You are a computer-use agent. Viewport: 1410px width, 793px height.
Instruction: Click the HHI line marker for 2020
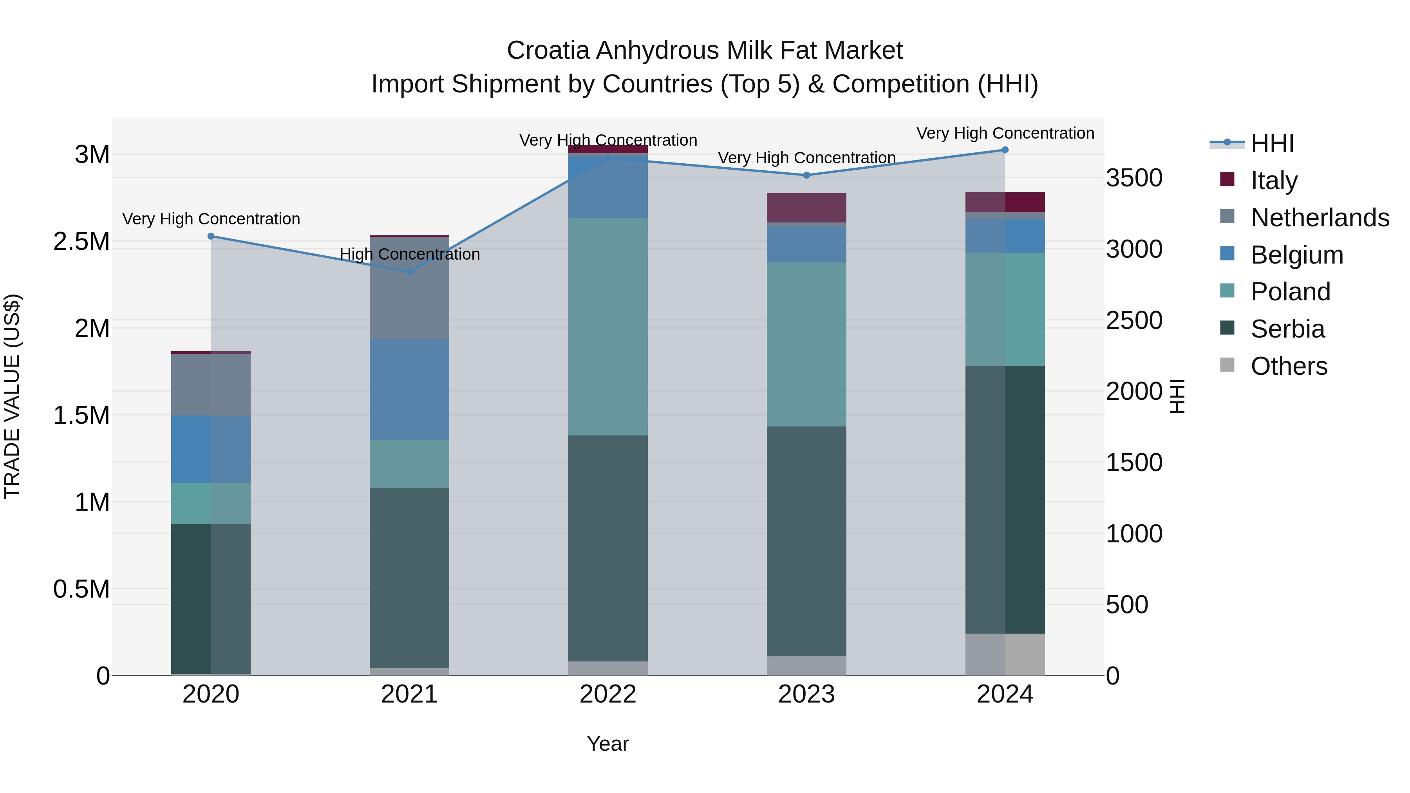coord(211,237)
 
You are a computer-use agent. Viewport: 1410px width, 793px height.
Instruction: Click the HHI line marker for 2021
coord(409,272)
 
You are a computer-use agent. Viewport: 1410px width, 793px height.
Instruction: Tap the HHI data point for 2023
coord(806,175)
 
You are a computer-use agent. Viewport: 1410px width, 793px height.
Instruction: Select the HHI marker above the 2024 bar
coord(1005,150)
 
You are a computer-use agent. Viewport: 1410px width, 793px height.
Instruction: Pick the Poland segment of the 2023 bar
coord(806,345)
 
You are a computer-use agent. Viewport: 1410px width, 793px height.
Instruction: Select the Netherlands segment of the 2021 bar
coord(409,288)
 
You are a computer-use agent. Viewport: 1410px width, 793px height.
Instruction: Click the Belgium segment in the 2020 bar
coord(211,449)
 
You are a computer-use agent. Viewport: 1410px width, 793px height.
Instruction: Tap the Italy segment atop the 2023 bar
coord(806,208)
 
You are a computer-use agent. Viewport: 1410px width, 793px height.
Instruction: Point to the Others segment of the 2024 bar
coord(1005,654)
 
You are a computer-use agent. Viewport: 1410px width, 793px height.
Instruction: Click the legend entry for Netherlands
coord(1319,218)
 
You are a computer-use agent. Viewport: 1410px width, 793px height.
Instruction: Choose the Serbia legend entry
coord(1287,329)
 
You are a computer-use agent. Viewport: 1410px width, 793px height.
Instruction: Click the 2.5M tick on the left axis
coord(81,241)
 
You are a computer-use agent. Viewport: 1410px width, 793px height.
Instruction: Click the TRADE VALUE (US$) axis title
coord(12,396)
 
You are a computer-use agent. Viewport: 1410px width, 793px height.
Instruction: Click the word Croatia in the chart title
coord(548,51)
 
